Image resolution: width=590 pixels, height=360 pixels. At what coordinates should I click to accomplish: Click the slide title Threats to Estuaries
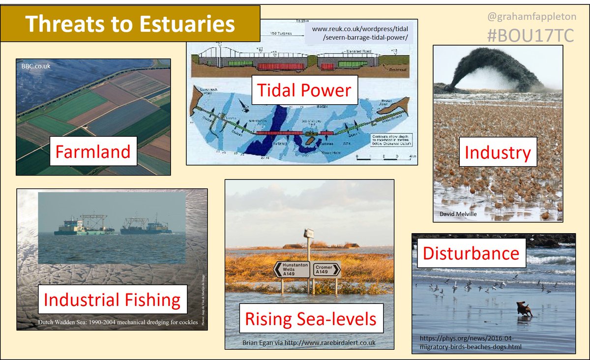click(130, 24)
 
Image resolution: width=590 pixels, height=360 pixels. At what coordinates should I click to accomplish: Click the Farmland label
click(93, 151)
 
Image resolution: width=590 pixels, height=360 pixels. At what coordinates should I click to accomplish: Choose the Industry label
click(498, 152)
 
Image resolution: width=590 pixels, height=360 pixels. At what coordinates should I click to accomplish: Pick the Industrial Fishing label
click(113, 300)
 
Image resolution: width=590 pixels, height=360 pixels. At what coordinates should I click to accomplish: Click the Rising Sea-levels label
click(311, 318)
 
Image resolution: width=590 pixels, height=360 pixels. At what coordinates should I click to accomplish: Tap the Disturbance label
click(471, 253)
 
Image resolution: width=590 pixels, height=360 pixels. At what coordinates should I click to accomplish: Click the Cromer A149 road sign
click(326, 269)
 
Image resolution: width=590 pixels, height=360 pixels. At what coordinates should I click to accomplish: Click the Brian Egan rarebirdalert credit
click(309, 342)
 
